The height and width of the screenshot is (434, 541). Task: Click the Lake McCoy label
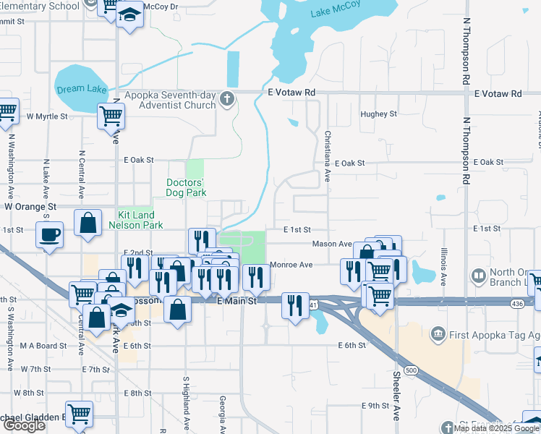pos(333,12)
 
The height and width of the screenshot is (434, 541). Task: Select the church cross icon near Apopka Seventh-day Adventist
pos(227,99)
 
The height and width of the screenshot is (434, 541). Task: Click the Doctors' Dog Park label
pos(186,187)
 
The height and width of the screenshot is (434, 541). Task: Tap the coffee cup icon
pos(50,234)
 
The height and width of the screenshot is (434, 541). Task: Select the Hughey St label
pos(378,114)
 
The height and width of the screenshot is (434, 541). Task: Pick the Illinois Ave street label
pos(443,267)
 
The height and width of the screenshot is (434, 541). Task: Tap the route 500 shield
pos(411,370)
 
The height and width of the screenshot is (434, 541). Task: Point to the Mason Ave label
pos(331,244)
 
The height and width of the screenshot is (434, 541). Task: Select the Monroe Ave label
pos(291,265)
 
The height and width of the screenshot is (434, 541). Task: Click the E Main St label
pos(237,302)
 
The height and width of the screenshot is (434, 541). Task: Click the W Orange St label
pos(30,206)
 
